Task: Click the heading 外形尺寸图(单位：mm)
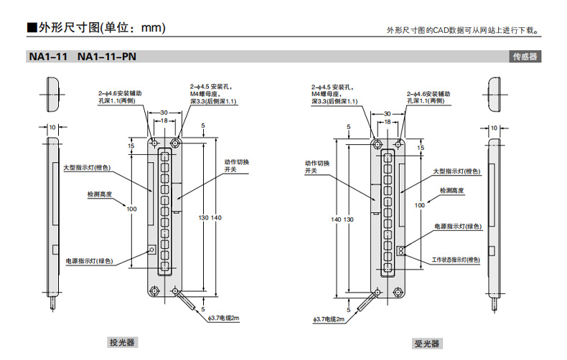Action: pyautogui.click(x=96, y=28)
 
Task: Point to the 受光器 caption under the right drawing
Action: pyautogui.click(x=426, y=344)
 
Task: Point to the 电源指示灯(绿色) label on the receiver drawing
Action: pyautogui.click(x=458, y=227)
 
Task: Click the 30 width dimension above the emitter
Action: pyautogui.click(x=164, y=113)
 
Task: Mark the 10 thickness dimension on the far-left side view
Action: pyautogui.click(x=52, y=127)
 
